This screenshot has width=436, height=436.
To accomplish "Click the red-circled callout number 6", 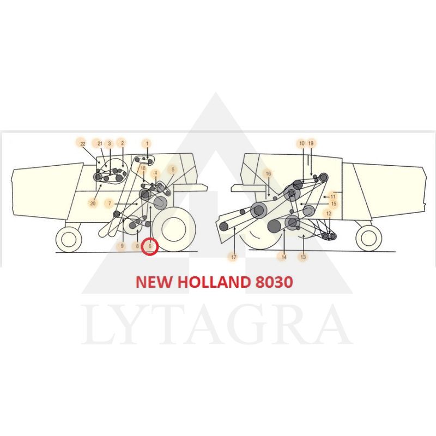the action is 150,246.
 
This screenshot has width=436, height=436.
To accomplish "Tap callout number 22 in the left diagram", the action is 83,144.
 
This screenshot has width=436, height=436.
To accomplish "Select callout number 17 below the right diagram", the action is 234,257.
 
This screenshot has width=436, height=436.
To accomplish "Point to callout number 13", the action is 303,257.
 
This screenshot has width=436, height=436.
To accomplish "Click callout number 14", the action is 283,257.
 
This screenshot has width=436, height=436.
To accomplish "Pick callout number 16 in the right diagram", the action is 268,174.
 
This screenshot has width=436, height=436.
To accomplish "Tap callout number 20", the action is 93,203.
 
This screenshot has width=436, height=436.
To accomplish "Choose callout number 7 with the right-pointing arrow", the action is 110,203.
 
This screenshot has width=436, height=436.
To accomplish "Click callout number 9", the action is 122,246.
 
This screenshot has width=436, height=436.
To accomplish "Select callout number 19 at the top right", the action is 311,143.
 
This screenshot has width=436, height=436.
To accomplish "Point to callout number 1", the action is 147,143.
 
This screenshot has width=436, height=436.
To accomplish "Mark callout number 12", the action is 329,214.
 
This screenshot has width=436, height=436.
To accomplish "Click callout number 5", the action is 173,169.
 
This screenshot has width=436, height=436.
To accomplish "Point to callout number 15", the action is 334,203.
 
